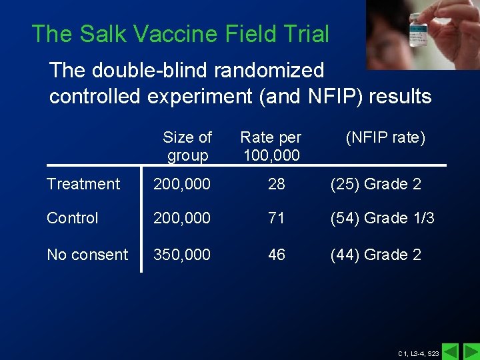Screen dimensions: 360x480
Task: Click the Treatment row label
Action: pos(83,184)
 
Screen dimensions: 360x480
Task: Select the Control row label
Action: pos(73,218)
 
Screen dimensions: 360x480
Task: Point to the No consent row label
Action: pos(87,255)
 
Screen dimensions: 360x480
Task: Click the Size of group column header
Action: pos(187,147)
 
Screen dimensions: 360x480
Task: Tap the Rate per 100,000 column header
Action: pos(271,147)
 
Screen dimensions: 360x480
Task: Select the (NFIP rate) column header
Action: pos(385,138)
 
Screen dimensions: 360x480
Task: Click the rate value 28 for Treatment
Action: pos(277,184)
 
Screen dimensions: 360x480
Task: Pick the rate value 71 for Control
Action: pos(277,218)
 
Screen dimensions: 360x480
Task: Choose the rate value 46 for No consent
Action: pos(277,255)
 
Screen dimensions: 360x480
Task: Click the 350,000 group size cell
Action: pos(182,255)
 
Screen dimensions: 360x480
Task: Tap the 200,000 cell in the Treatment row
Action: pos(182,184)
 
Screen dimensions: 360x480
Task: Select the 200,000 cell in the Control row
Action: pos(182,218)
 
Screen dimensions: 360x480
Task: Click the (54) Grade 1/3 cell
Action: pos(383,218)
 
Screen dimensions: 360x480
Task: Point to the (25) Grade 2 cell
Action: pos(376,184)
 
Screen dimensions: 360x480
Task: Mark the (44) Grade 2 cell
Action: pos(376,255)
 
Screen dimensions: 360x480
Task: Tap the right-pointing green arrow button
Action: pos(471,351)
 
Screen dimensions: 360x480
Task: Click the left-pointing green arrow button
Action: pos(451,351)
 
